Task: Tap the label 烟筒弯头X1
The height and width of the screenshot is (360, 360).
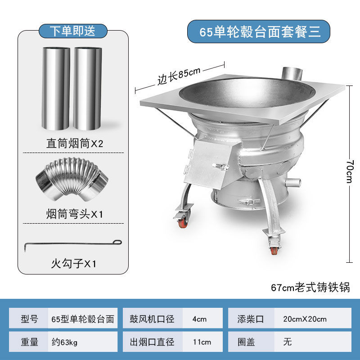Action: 75,214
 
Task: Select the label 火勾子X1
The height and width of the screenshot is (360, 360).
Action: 74,263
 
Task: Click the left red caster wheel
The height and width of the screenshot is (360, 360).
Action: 183,221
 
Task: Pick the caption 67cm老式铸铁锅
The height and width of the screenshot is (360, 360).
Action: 310,287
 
